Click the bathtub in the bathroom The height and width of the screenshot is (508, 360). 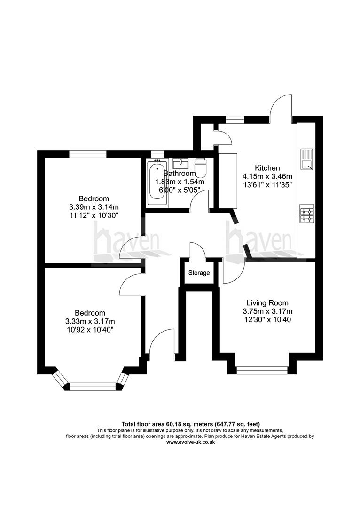tap(157, 183)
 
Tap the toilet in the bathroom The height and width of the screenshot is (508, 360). tap(201, 167)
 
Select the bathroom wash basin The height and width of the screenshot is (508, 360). tap(180, 164)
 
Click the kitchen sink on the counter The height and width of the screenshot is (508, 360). tap(306, 159)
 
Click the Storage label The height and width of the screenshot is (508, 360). tap(199, 273)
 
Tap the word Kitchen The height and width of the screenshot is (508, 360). tap(267, 168)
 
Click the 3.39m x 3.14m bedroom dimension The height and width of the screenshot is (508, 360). tap(94, 206)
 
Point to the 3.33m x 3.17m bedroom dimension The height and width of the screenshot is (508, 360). tap(90, 321)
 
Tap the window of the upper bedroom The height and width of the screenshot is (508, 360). tap(87, 153)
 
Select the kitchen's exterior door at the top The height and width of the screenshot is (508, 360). tap(281, 104)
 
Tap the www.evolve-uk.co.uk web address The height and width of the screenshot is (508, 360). tap(191, 442)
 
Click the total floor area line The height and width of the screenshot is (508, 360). tap(191, 424)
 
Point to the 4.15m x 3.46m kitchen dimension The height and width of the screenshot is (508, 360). tap(267, 176)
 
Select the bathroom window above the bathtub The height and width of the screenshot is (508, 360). tap(157, 153)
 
